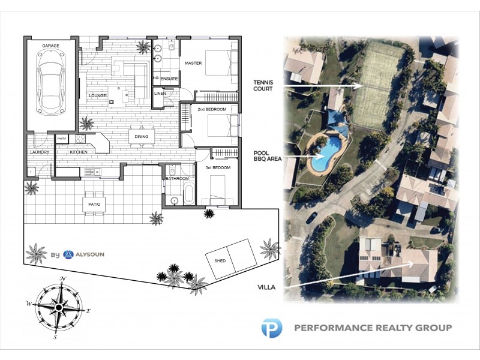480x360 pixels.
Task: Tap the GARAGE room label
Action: point(51,46)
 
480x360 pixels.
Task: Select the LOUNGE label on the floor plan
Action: point(97,95)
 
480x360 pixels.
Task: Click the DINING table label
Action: point(142,137)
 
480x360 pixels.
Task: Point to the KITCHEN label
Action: point(79,152)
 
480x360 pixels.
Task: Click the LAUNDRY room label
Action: point(39,152)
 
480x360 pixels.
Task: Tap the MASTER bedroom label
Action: point(193,63)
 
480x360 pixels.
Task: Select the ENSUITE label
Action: point(169,79)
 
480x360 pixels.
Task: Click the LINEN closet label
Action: point(160,94)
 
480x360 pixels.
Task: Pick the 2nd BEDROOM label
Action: point(212,109)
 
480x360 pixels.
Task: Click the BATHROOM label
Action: point(178,178)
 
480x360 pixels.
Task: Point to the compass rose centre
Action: point(59,307)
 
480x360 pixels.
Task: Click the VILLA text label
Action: point(265,287)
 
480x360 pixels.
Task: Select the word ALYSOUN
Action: point(90,254)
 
